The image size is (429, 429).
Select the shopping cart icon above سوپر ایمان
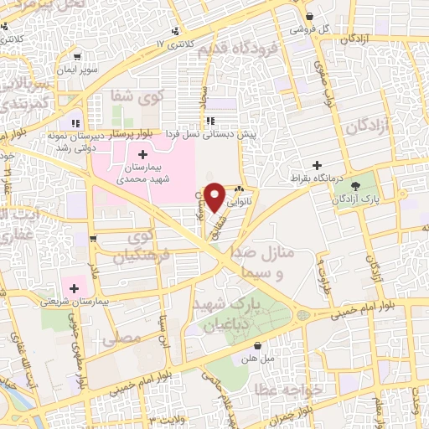click(78, 57)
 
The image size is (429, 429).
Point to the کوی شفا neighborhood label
click(135, 99)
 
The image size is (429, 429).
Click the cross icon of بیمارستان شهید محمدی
click(142, 154)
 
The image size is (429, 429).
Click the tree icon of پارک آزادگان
click(355, 185)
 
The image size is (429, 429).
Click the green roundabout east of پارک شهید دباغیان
click(301, 317)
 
